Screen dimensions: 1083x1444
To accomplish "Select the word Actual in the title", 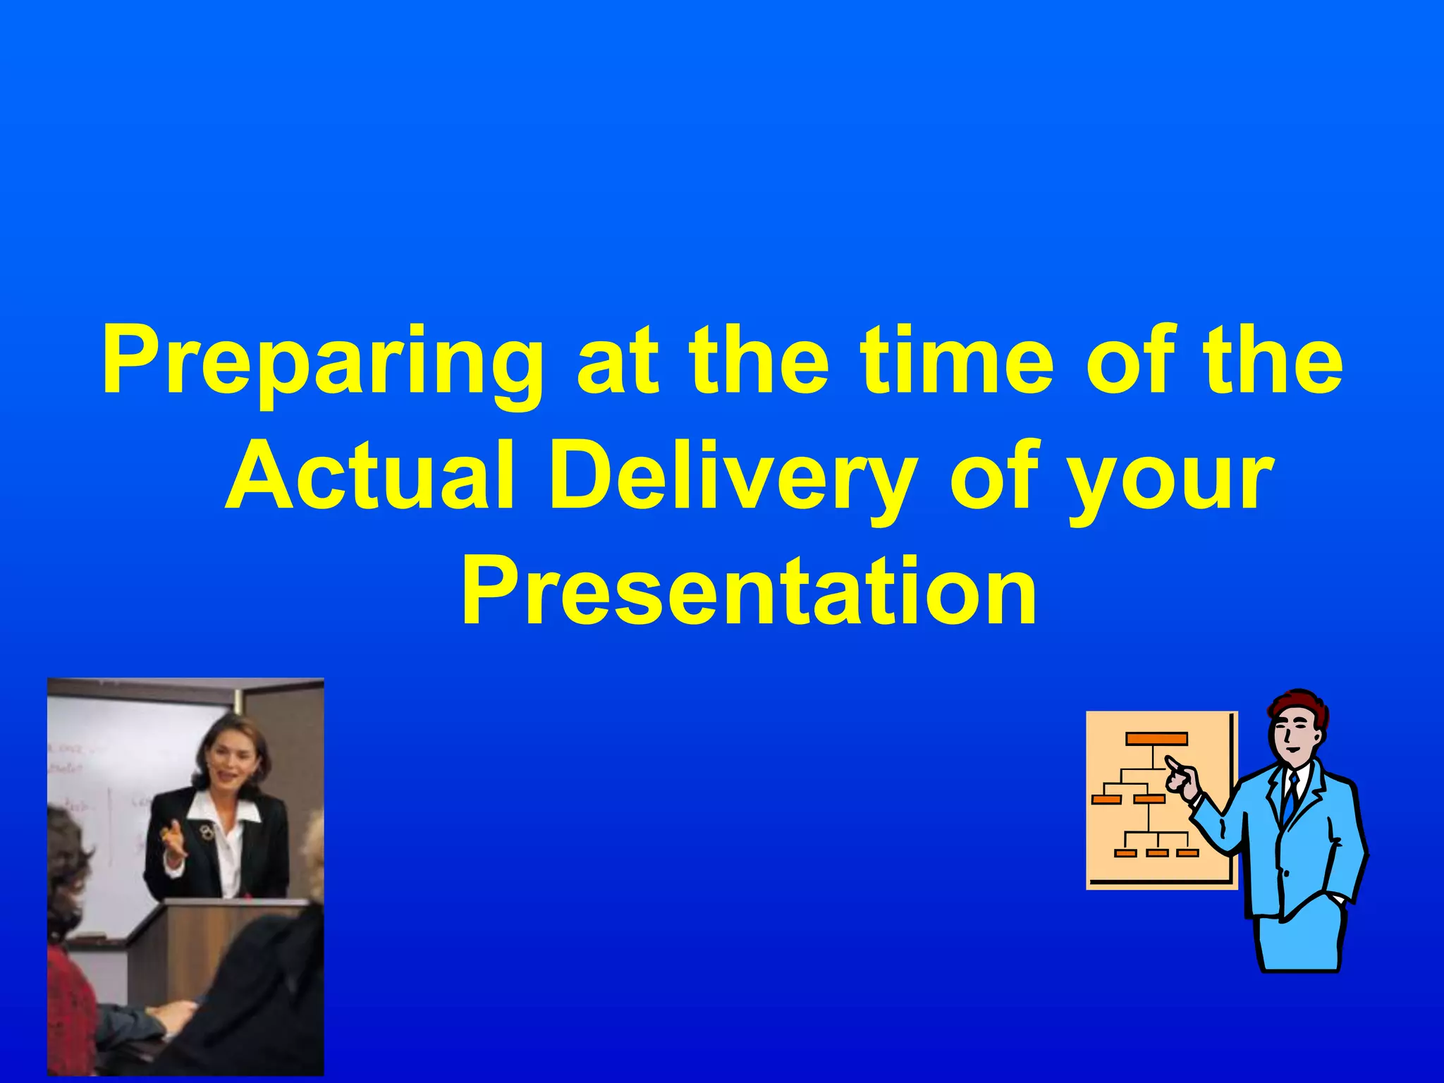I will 370,476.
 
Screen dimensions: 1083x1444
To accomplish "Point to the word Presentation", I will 749,591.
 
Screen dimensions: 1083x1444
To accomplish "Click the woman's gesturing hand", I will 173,843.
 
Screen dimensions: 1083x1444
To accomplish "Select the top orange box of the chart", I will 1156,739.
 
